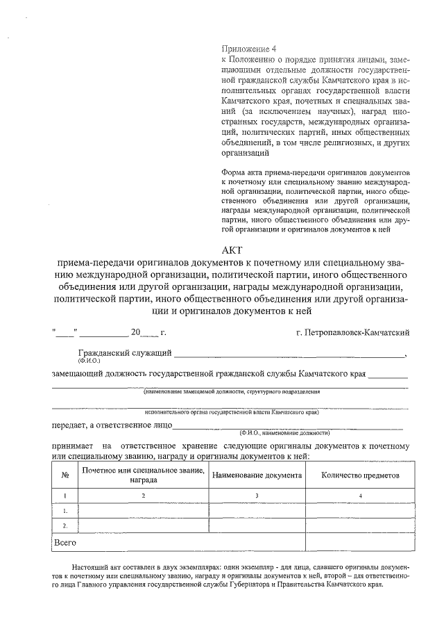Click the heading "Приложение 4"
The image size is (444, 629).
click(248, 49)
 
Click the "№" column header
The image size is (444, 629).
click(65, 476)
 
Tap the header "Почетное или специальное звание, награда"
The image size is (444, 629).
click(144, 475)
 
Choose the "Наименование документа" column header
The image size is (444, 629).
click(257, 476)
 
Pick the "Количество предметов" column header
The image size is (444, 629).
click(359, 476)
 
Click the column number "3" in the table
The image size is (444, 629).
click(257, 496)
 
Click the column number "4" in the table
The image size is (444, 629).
click(359, 496)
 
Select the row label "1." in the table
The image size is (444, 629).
click(65, 511)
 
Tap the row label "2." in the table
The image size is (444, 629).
click(65, 525)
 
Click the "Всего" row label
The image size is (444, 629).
click(65, 541)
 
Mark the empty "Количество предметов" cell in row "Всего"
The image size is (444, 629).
click(359, 541)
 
